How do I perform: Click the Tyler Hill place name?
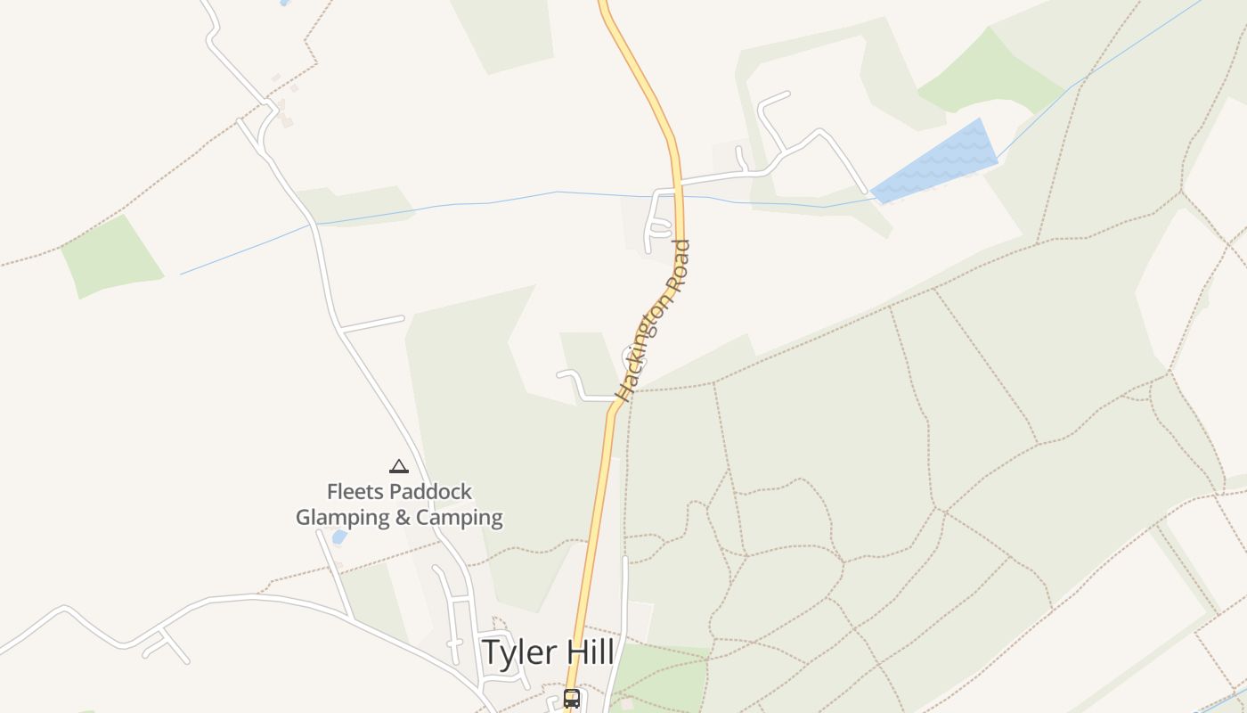(547, 652)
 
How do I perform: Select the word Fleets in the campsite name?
(352, 492)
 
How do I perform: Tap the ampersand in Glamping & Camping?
(403, 518)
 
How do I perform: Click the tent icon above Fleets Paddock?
(398, 466)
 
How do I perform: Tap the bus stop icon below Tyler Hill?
(572, 699)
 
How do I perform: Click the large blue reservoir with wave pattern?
(935, 160)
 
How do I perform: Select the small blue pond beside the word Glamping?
(339, 537)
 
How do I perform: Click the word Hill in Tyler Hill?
(588, 652)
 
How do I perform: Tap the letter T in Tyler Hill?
(490, 652)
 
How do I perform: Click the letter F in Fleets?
(332, 492)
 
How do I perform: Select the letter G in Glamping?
(305, 518)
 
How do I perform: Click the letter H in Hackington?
(623, 392)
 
